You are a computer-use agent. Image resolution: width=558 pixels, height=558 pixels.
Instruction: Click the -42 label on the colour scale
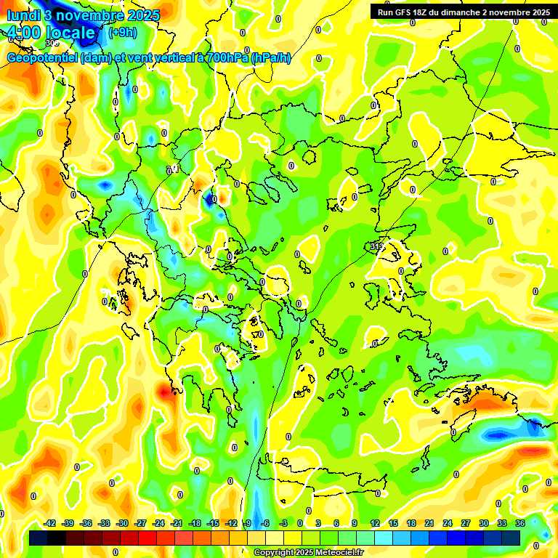(50, 522)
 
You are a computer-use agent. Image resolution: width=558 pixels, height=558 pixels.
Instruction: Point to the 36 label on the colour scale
(520, 522)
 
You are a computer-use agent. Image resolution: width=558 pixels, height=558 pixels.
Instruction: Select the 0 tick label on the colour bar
(300, 522)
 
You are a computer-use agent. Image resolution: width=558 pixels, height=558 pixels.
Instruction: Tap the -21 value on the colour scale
(177, 522)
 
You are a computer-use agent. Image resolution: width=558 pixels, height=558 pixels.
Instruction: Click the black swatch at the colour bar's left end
(39, 538)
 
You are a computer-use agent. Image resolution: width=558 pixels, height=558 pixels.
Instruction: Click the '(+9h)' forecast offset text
(121, 33)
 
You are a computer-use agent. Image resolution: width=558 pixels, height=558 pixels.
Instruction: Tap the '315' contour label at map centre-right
(376, 247)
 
